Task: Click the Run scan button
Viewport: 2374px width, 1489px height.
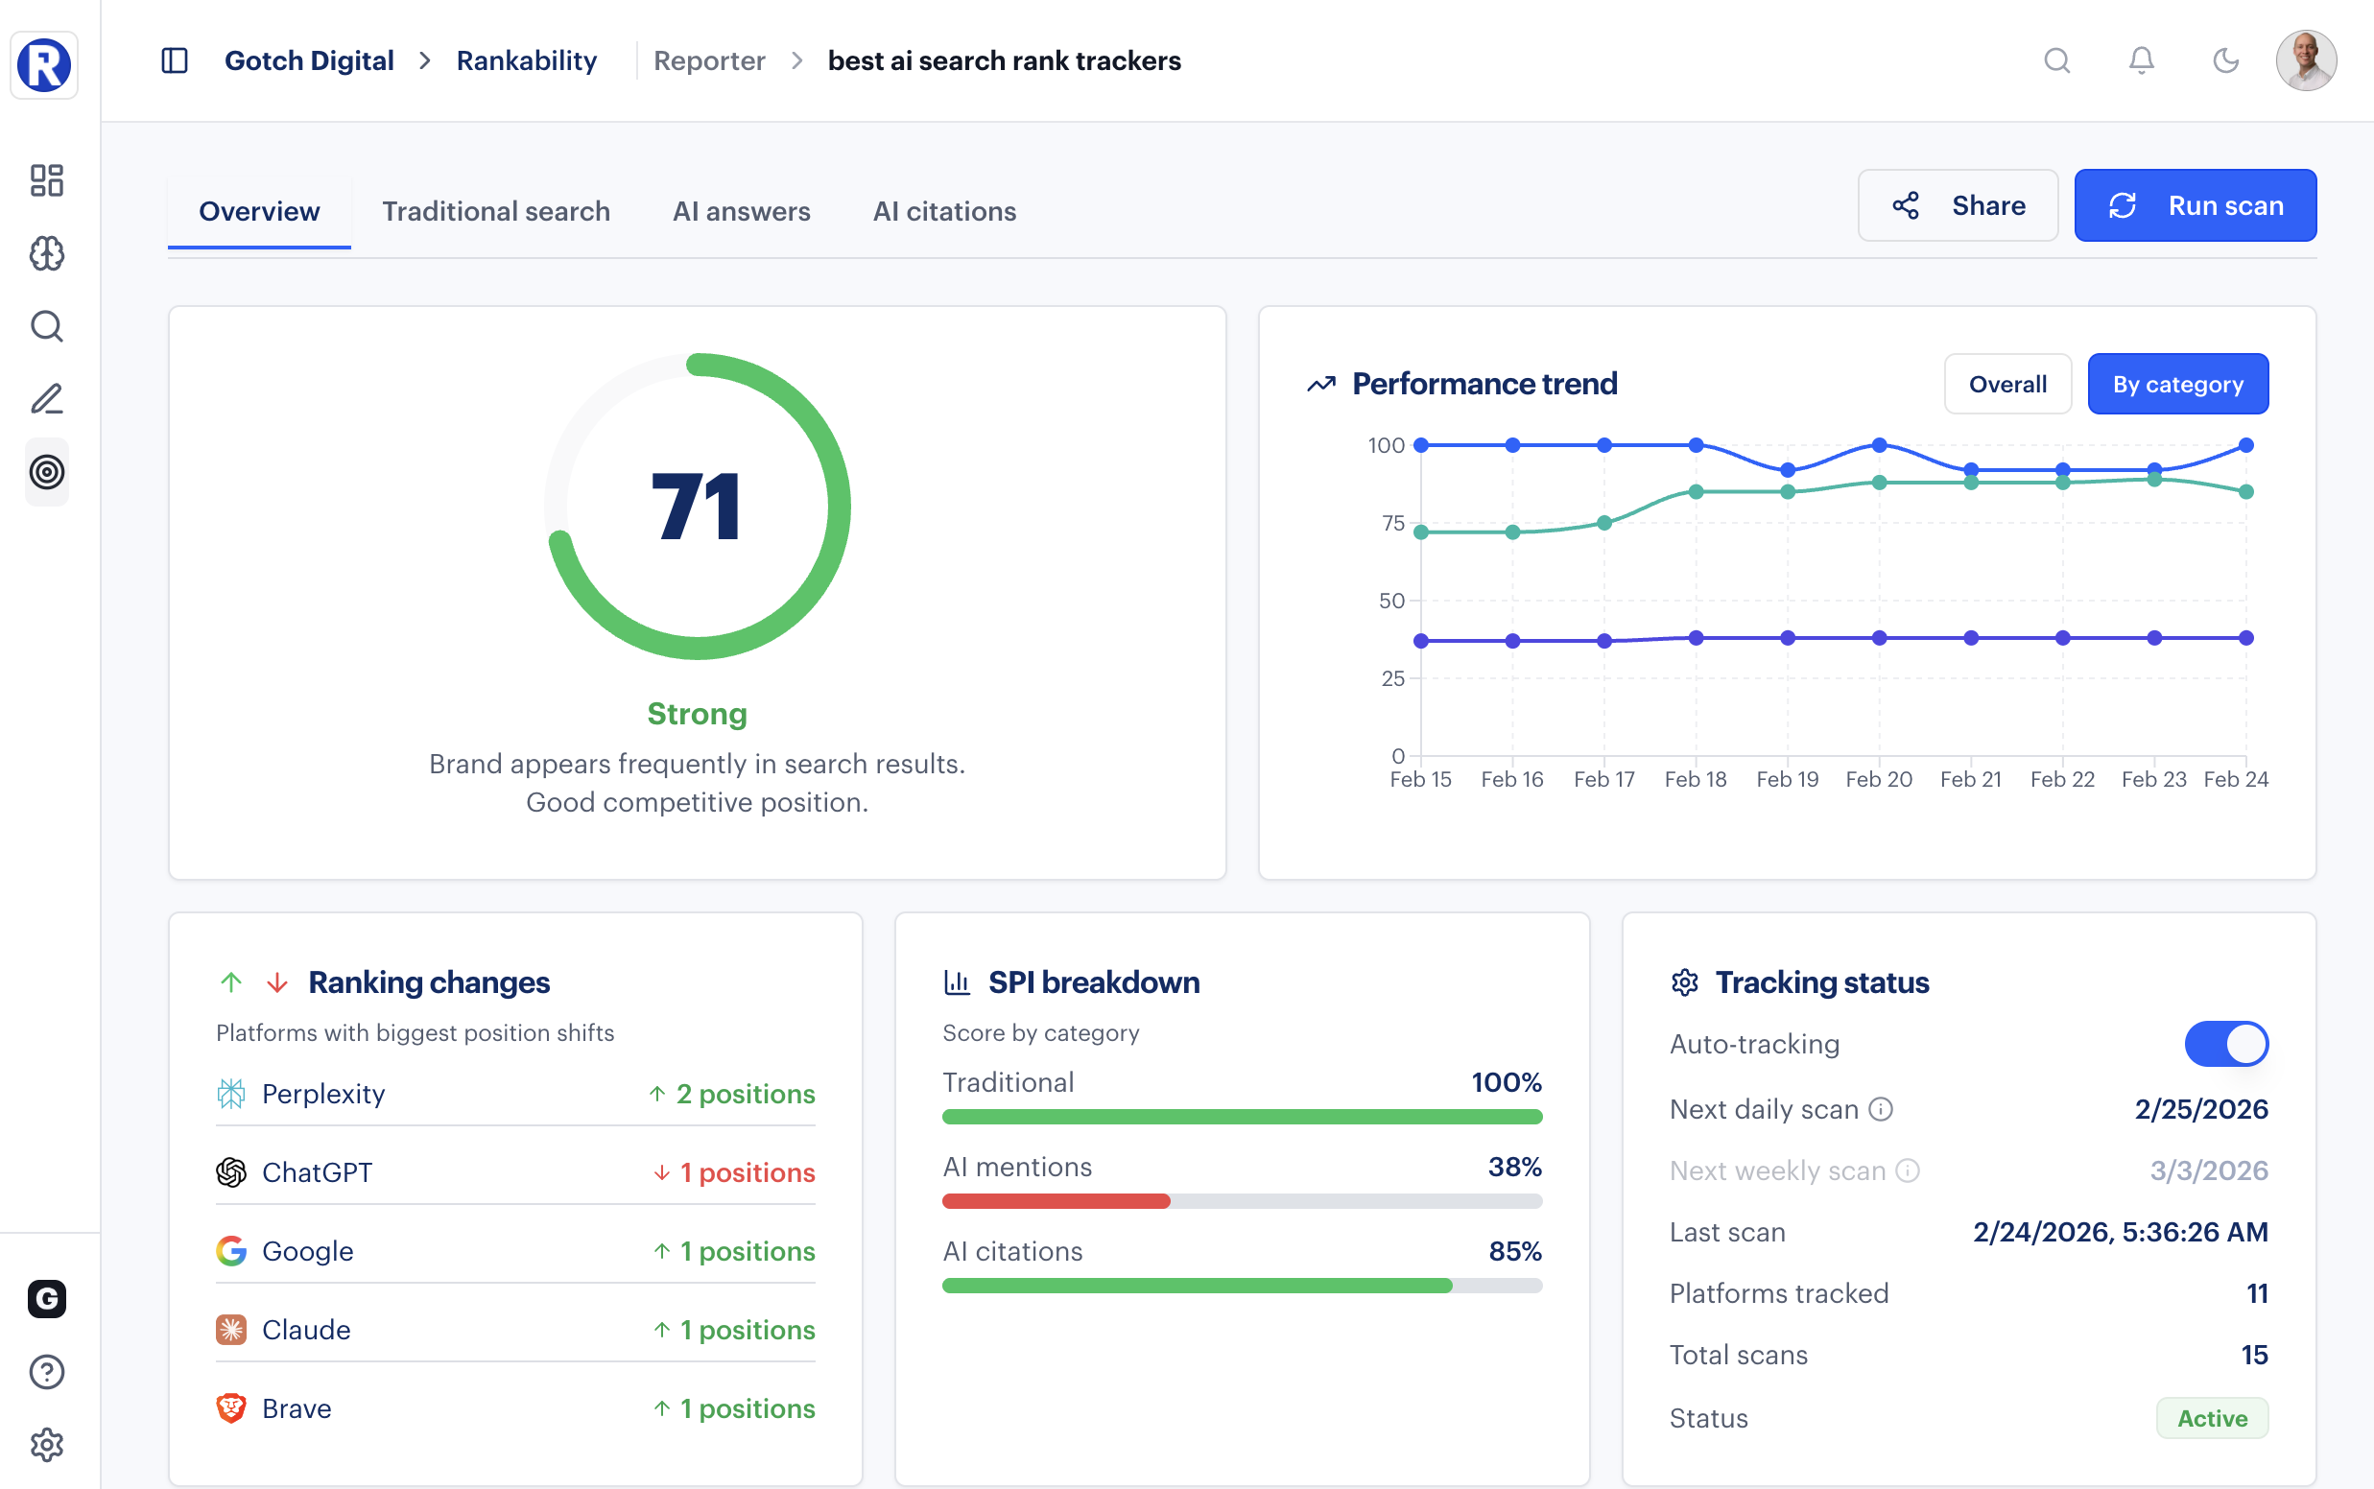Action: tap(2194, 206)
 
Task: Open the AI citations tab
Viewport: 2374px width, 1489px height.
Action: tap(943, 211)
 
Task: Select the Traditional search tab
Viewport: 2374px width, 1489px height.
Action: tap(495, 211)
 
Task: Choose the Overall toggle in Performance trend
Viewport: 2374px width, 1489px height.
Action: tap(2006, 384)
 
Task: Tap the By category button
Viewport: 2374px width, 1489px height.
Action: tap(2177, 384)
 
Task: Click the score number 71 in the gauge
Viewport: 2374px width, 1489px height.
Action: tap(696, 508)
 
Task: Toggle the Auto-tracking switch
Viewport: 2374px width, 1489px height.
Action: tap(2225, 1044)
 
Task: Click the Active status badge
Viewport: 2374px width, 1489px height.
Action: tap(2211, 1418)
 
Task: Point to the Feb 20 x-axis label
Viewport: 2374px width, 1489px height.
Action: tap(1878, 779)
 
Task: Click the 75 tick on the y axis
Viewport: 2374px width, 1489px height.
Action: tap(1392, 523)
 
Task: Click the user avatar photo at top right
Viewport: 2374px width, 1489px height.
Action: tap(2305, 61)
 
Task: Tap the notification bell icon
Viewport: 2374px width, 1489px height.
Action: tap(2141, 61)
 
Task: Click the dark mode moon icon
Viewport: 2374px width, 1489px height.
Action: tap(2225, 61)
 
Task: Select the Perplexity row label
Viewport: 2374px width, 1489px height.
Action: tap(323, 1094)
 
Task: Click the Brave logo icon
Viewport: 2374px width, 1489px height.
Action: tap(230, 1408)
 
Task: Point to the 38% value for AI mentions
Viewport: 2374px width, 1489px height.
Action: tap(1513, 1167)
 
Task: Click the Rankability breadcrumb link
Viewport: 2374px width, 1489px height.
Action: tap(526, 61)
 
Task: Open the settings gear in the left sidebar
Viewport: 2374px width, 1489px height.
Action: tap(46, 1445)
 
